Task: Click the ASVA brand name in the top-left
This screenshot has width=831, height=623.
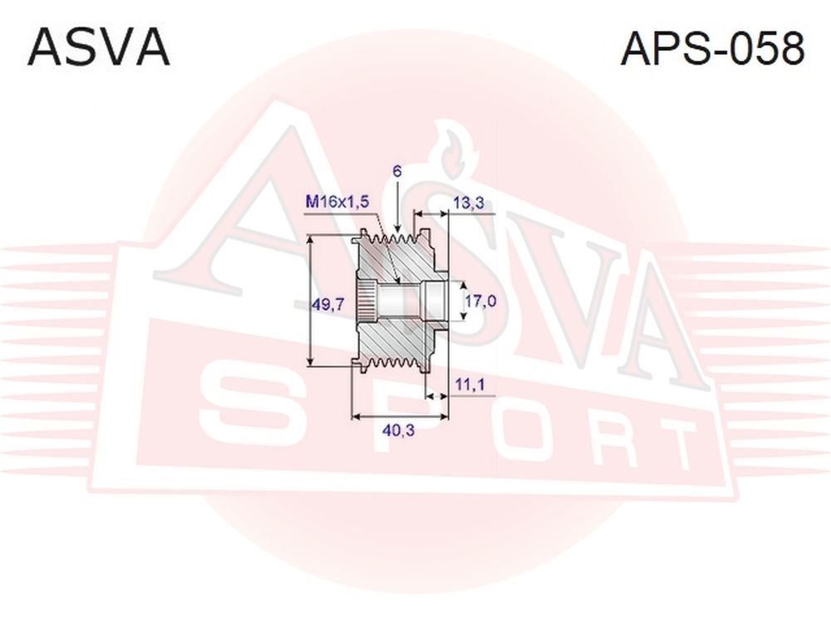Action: (x=99, y=48)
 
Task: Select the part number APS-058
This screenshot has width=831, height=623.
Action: (x=712, y=48)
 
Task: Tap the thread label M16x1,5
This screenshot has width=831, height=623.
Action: (x=337, y=201)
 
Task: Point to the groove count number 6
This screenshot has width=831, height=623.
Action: (x=397, y=171)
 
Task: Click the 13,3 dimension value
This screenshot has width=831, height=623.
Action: (x=469, y=202)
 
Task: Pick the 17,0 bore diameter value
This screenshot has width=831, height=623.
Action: (x=480, y=301)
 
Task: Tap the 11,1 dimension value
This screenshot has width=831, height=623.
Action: (x=470, y=384)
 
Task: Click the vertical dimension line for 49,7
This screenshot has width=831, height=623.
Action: (x=311, y=301)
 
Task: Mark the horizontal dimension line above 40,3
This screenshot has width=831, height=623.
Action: (x=401, y=416)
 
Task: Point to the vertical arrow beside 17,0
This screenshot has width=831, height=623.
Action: (x=465, y=301)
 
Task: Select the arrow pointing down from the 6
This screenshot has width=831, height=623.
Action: (x=397, y=207)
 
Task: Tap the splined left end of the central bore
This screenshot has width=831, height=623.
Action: (x=366, y=301)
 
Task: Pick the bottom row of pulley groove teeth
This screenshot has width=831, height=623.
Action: (x=395, y=364)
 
